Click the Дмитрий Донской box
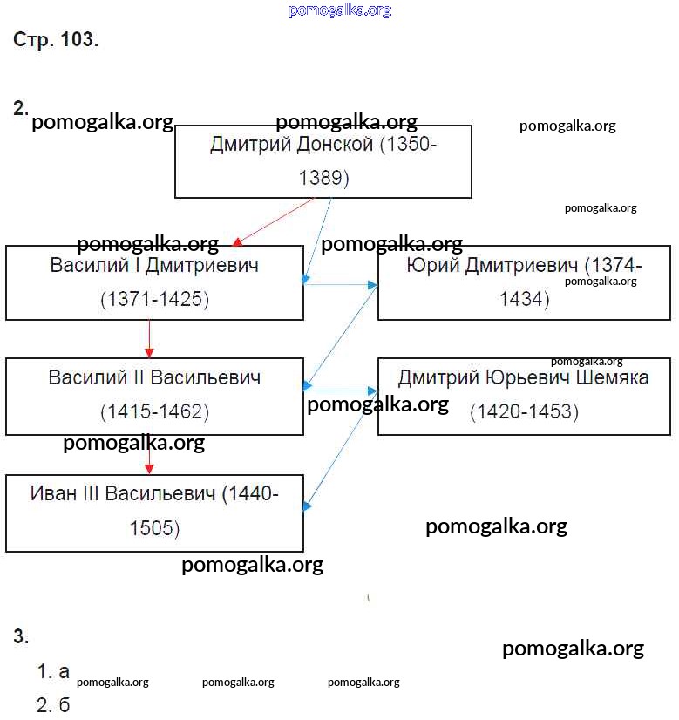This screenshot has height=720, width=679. point(323,161)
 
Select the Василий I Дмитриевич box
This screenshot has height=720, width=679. point(154,282)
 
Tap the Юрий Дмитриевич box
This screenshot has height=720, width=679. point(524,282)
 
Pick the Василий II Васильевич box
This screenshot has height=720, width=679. point(154,396)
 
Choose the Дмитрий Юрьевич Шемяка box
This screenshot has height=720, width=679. point(524,396)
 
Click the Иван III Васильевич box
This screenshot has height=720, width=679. point(154,513)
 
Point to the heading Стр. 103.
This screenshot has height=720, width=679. point(56,40)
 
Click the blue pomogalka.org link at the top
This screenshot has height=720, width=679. point(340,10)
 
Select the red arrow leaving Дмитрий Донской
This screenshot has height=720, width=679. point(273,221)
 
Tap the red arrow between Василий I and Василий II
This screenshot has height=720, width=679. point(149,338)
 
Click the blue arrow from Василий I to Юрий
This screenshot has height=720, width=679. point(340,284)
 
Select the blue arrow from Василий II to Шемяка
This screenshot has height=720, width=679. point(340,391)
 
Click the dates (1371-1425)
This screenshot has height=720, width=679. point(154,300)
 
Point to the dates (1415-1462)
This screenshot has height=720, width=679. point(154,411)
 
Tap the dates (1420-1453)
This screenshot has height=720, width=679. point(524,411)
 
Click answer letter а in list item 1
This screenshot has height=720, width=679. point(64,671)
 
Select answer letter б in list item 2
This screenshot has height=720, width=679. point(64,704)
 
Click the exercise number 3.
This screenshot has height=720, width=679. point(21,636)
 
